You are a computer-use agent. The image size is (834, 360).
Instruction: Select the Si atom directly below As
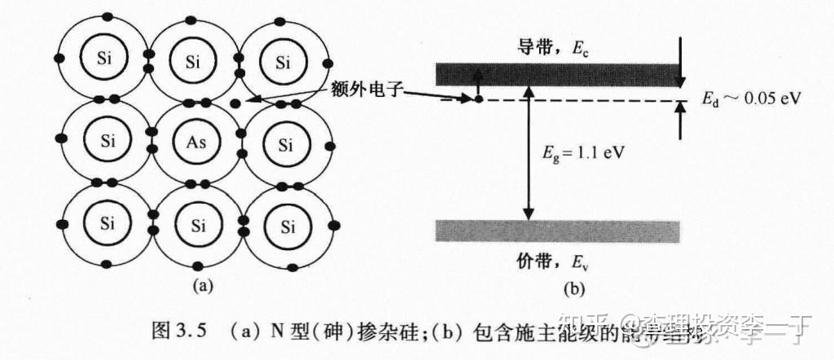(196, 225)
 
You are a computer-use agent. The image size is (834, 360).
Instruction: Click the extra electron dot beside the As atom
(235, 103)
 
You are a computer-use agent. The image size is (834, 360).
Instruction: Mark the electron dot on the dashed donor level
(479, 99)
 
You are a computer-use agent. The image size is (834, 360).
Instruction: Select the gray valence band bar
(557, 231)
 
